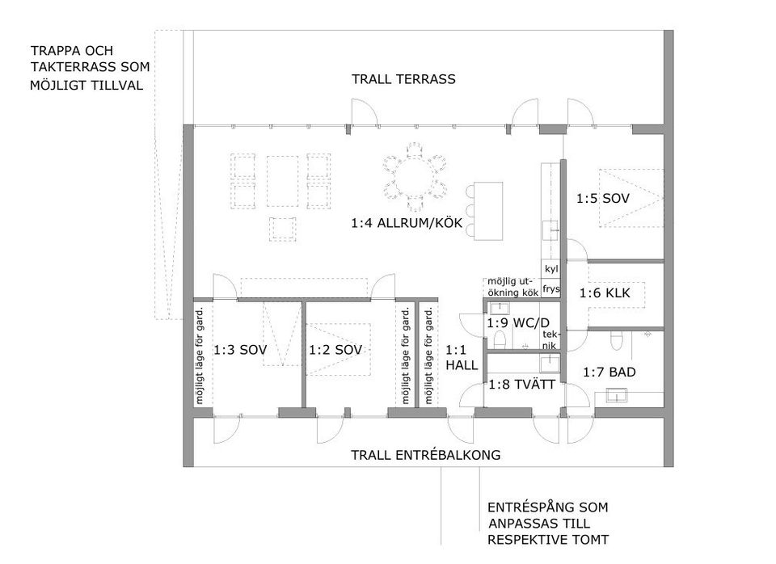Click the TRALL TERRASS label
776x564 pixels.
(x=403, y=79)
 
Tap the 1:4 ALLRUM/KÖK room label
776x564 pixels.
(x=407, y=223)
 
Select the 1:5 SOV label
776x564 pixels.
(x=603, y=199)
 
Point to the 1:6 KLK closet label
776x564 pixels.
(x=605, y=293)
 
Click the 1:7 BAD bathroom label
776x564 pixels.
(x=609, y=372)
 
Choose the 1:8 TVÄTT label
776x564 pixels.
(x=522, y=385)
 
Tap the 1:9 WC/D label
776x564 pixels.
(x=518, y=323)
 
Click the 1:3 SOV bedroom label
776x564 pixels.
(x=240, y=350)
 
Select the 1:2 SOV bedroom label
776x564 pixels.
(x=335, y=350)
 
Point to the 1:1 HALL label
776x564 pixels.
(x=462, y=358)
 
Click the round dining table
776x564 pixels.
(x=415, y=177)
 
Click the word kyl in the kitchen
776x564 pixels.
(x=550, y=269)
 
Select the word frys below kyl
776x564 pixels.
(x=550, y=288)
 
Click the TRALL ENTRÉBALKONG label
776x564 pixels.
(x=426, y=455)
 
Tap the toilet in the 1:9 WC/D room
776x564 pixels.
(x=500, y=339)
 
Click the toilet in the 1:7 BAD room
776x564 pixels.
(x=616, y=339)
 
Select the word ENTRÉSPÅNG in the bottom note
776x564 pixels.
(x=525, y=507)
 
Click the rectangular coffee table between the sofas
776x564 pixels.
(x=283, y=181)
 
